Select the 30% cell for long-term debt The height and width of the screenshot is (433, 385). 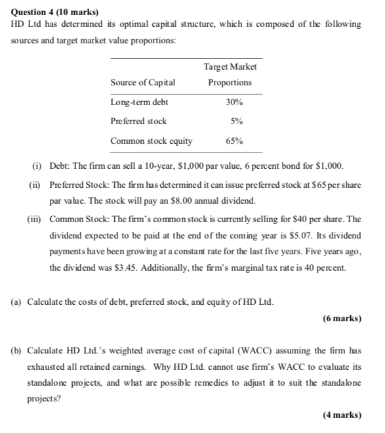click(x=233, y=103)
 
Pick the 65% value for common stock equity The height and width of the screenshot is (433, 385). click(x=233, y=141)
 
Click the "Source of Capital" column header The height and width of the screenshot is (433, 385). click(x=143, y=83)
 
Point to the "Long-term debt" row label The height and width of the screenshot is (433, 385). click(x=139, y=103)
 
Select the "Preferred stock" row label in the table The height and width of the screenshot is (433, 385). click(x=138, y=122)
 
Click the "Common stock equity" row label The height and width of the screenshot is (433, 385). click(x=152, y=141)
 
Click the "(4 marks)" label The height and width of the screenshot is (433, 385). click(x=342, y=415)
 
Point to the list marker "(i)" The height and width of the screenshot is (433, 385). click(x=37, y=166)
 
